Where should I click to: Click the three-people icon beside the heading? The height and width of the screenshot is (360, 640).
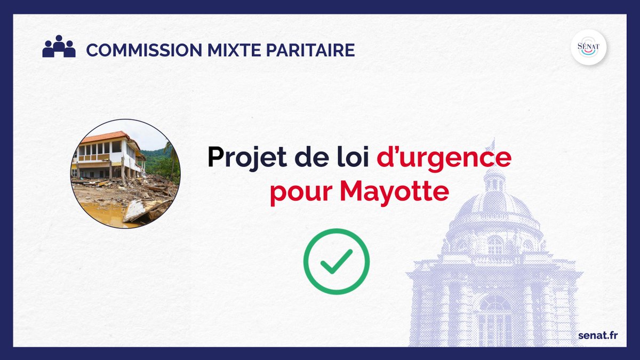click(59, 47)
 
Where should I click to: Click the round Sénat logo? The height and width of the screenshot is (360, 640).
click(588, 47)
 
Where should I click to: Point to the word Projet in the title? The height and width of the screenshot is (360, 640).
click(241, 158)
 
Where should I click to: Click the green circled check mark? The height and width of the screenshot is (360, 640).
click(336, 261)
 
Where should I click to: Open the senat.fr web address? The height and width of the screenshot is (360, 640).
click(598, 335)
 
